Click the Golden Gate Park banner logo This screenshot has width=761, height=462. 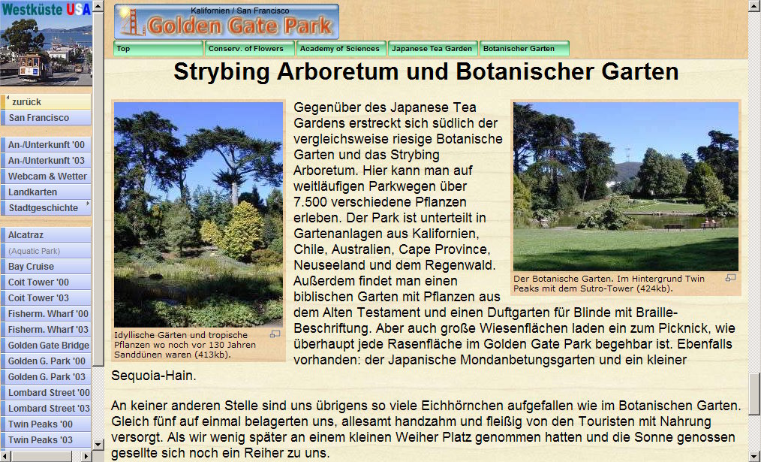click(x=227, y=21)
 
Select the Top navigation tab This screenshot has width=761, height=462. click(x=158, y=49)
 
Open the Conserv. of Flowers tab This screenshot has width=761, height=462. click(x=249, y=49)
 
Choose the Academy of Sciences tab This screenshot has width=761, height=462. click(x=341, y=49)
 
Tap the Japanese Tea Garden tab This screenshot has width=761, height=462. click(x=433, y=49)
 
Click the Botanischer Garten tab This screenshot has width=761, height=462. click(x=524, y=49)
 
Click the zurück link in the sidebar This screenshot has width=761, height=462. click(x=46, y=102)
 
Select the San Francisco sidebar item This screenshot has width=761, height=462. click(x=46, y=117)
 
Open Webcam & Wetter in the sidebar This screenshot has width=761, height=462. click(x=46, y=177)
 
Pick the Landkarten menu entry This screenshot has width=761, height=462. click(x=46, y=192)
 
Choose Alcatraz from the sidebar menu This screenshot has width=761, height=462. click(x=46, y=235)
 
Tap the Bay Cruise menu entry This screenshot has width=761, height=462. click(x=46, y=266)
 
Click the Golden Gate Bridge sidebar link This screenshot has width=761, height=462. click(x=46, y=346)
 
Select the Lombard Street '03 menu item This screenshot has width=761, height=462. click(x=46, y=409)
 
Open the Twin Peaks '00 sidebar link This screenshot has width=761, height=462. click(x=46, y=424)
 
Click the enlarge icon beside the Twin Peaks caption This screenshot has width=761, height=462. click(x=730, y=278)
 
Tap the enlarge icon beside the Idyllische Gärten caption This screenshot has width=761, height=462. click(x=275, y=334)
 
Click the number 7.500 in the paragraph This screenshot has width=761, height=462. click(x=311, y=202)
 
